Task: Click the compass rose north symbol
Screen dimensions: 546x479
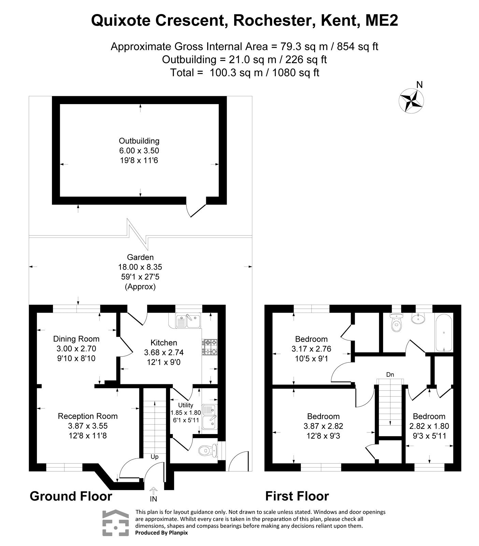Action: (x=411, y=100)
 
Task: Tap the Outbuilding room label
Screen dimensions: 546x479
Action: (x=139, y=141)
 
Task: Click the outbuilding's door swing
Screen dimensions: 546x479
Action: (x=196, y=210)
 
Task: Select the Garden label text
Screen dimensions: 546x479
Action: (x=140, y=257)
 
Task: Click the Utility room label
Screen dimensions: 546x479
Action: (x=186, y=405)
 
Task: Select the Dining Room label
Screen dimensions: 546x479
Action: (x=76, y=339)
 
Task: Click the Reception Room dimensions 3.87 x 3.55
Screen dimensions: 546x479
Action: (x=87, y=426)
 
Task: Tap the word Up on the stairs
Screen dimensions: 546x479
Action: (x=154, y=457)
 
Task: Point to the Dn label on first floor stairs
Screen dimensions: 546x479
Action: (x=390, y=374)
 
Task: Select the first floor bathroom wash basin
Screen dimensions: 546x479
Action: (x=418, y=318)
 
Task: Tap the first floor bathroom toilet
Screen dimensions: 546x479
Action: (x=396, y=324)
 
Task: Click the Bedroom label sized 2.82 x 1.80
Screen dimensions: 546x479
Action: (x=429, y=416)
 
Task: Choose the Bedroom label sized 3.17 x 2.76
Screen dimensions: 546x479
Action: (x=311, y=339)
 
